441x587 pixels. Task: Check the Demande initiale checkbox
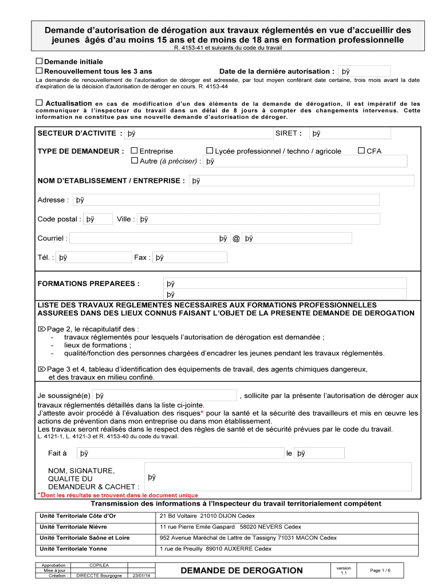coord(40,61)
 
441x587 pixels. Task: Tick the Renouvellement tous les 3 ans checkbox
coord(40,71)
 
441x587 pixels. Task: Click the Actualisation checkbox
coord(40,103)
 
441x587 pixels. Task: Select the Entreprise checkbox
coord(135,151)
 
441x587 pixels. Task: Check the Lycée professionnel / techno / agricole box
coord(210,151)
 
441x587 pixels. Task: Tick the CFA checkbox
coord(361,151)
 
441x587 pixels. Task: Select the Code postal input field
coord(98,219)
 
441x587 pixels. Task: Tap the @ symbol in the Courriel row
coord(236,238)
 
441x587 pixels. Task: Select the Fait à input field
coord(180,453)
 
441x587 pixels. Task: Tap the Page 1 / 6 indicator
coord(380,570)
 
